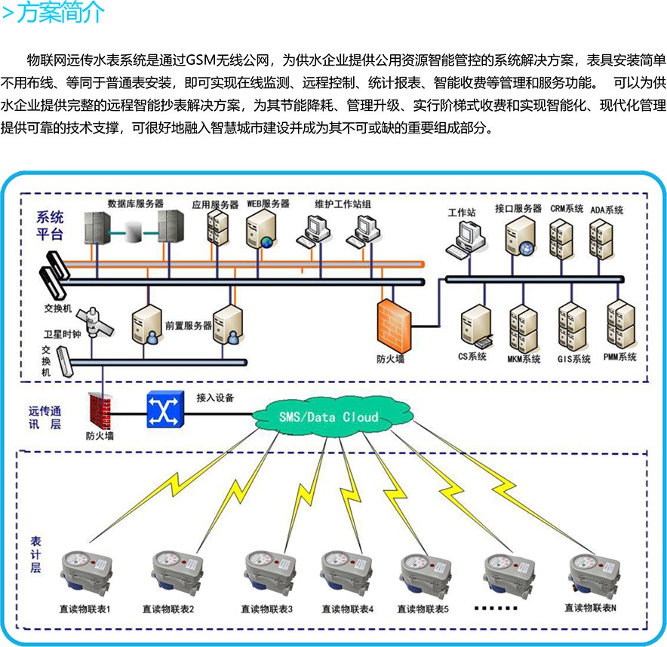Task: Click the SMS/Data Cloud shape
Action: point(328,416)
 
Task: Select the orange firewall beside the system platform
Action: point(390,322)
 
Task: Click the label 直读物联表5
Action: point(423,609)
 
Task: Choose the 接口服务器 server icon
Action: point(519,235)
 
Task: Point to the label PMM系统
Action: point(620,357)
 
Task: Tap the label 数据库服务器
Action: point(136,204)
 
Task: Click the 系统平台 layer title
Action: point(50,226)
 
